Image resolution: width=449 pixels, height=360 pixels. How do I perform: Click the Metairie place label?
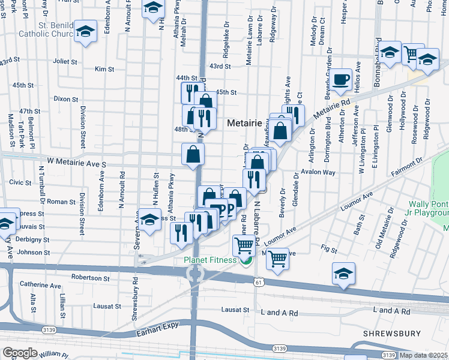[246, 123]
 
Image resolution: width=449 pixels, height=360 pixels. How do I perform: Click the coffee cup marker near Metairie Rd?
[342, 80]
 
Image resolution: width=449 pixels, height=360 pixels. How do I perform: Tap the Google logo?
[20, 353]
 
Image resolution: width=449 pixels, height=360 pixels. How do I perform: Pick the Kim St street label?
[104, 70]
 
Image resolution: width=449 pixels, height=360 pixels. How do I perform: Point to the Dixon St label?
[62, 98]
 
